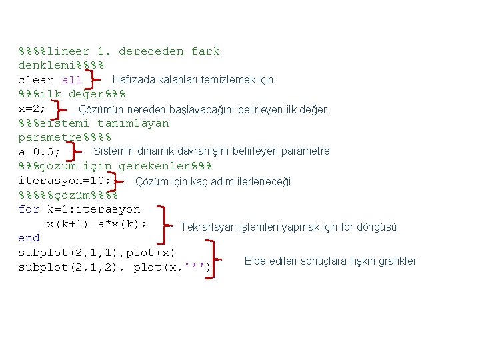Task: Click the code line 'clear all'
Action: click(50, 81)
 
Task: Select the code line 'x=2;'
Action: click(32, 109)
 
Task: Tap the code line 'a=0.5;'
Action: click(39, 152)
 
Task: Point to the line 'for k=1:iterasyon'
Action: click(79, 209)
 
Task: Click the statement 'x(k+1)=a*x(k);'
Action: click(97, 224)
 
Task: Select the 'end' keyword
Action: click(29, 238)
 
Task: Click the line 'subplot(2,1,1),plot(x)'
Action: click(97, 253)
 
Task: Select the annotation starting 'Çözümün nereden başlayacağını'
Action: click(204, 109)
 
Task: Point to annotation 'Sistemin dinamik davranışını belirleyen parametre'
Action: click(211, 151)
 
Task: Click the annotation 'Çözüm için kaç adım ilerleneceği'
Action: click(213, 181)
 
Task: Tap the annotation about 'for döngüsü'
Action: click(289, 227)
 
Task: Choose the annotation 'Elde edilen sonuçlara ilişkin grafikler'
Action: click(331, 261)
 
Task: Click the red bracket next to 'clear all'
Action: click(94, 80)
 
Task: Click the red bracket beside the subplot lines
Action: click(218, 260)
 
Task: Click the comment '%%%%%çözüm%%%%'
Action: click(68, 195)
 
